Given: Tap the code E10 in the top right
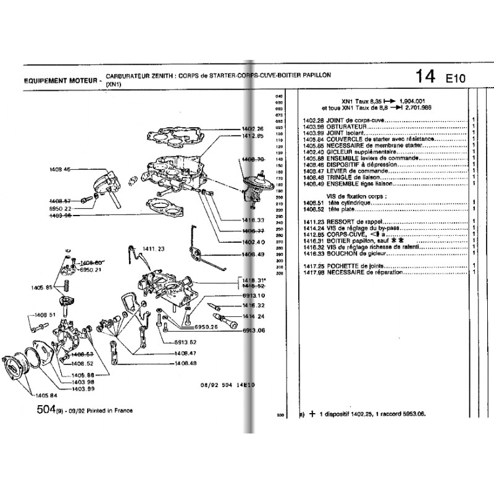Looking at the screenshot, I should [456, 78].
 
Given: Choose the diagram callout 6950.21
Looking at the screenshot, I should [91, 270].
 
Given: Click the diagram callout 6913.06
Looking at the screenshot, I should [253, 332].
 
